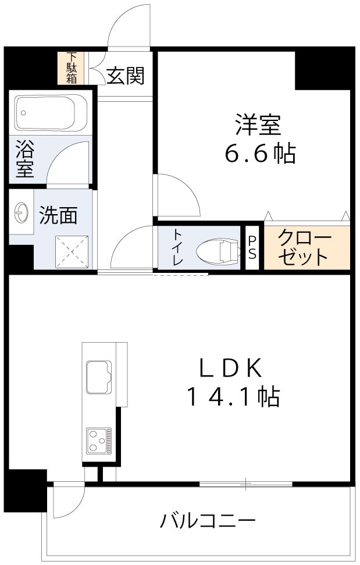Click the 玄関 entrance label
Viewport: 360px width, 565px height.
[x=125, y=76]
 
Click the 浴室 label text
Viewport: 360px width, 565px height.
[x=24, y=159]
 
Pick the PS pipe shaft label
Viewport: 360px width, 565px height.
[x=252, y=248]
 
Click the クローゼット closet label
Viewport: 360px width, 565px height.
[x=305, y=247]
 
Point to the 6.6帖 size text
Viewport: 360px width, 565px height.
[x=260, y=154]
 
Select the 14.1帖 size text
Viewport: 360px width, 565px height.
[x=233, y=397]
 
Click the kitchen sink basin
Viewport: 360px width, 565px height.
[x=99, y=376]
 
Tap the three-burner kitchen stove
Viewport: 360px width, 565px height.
[x=99, y=440]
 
